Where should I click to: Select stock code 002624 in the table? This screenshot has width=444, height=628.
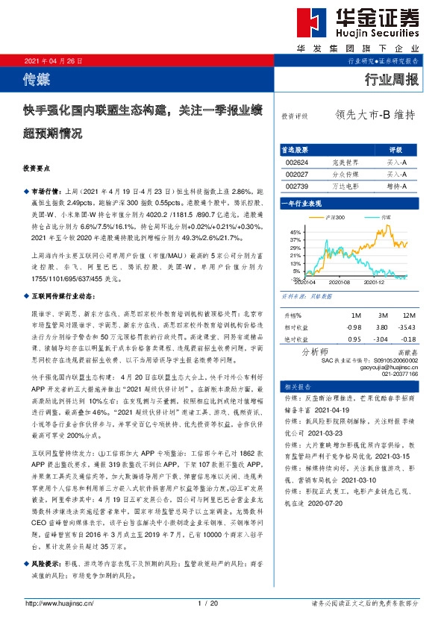(296, 161)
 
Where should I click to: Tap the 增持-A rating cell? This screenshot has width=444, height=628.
(395, 185)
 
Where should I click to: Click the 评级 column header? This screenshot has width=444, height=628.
(395, 149)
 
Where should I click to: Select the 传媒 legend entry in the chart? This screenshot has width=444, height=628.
(385, 217)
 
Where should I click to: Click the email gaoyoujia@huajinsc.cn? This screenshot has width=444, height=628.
(391, 367)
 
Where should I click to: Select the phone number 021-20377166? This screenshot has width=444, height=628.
(400, 374)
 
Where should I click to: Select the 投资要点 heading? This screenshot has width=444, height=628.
(36, 169)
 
